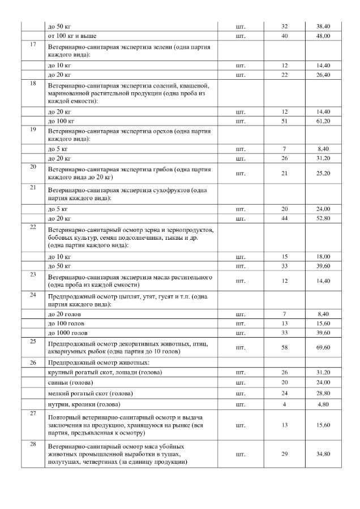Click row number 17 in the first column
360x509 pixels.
pos(33,44)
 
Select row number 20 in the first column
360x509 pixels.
pos(33,167)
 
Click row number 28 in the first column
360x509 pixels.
pos(33,444)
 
